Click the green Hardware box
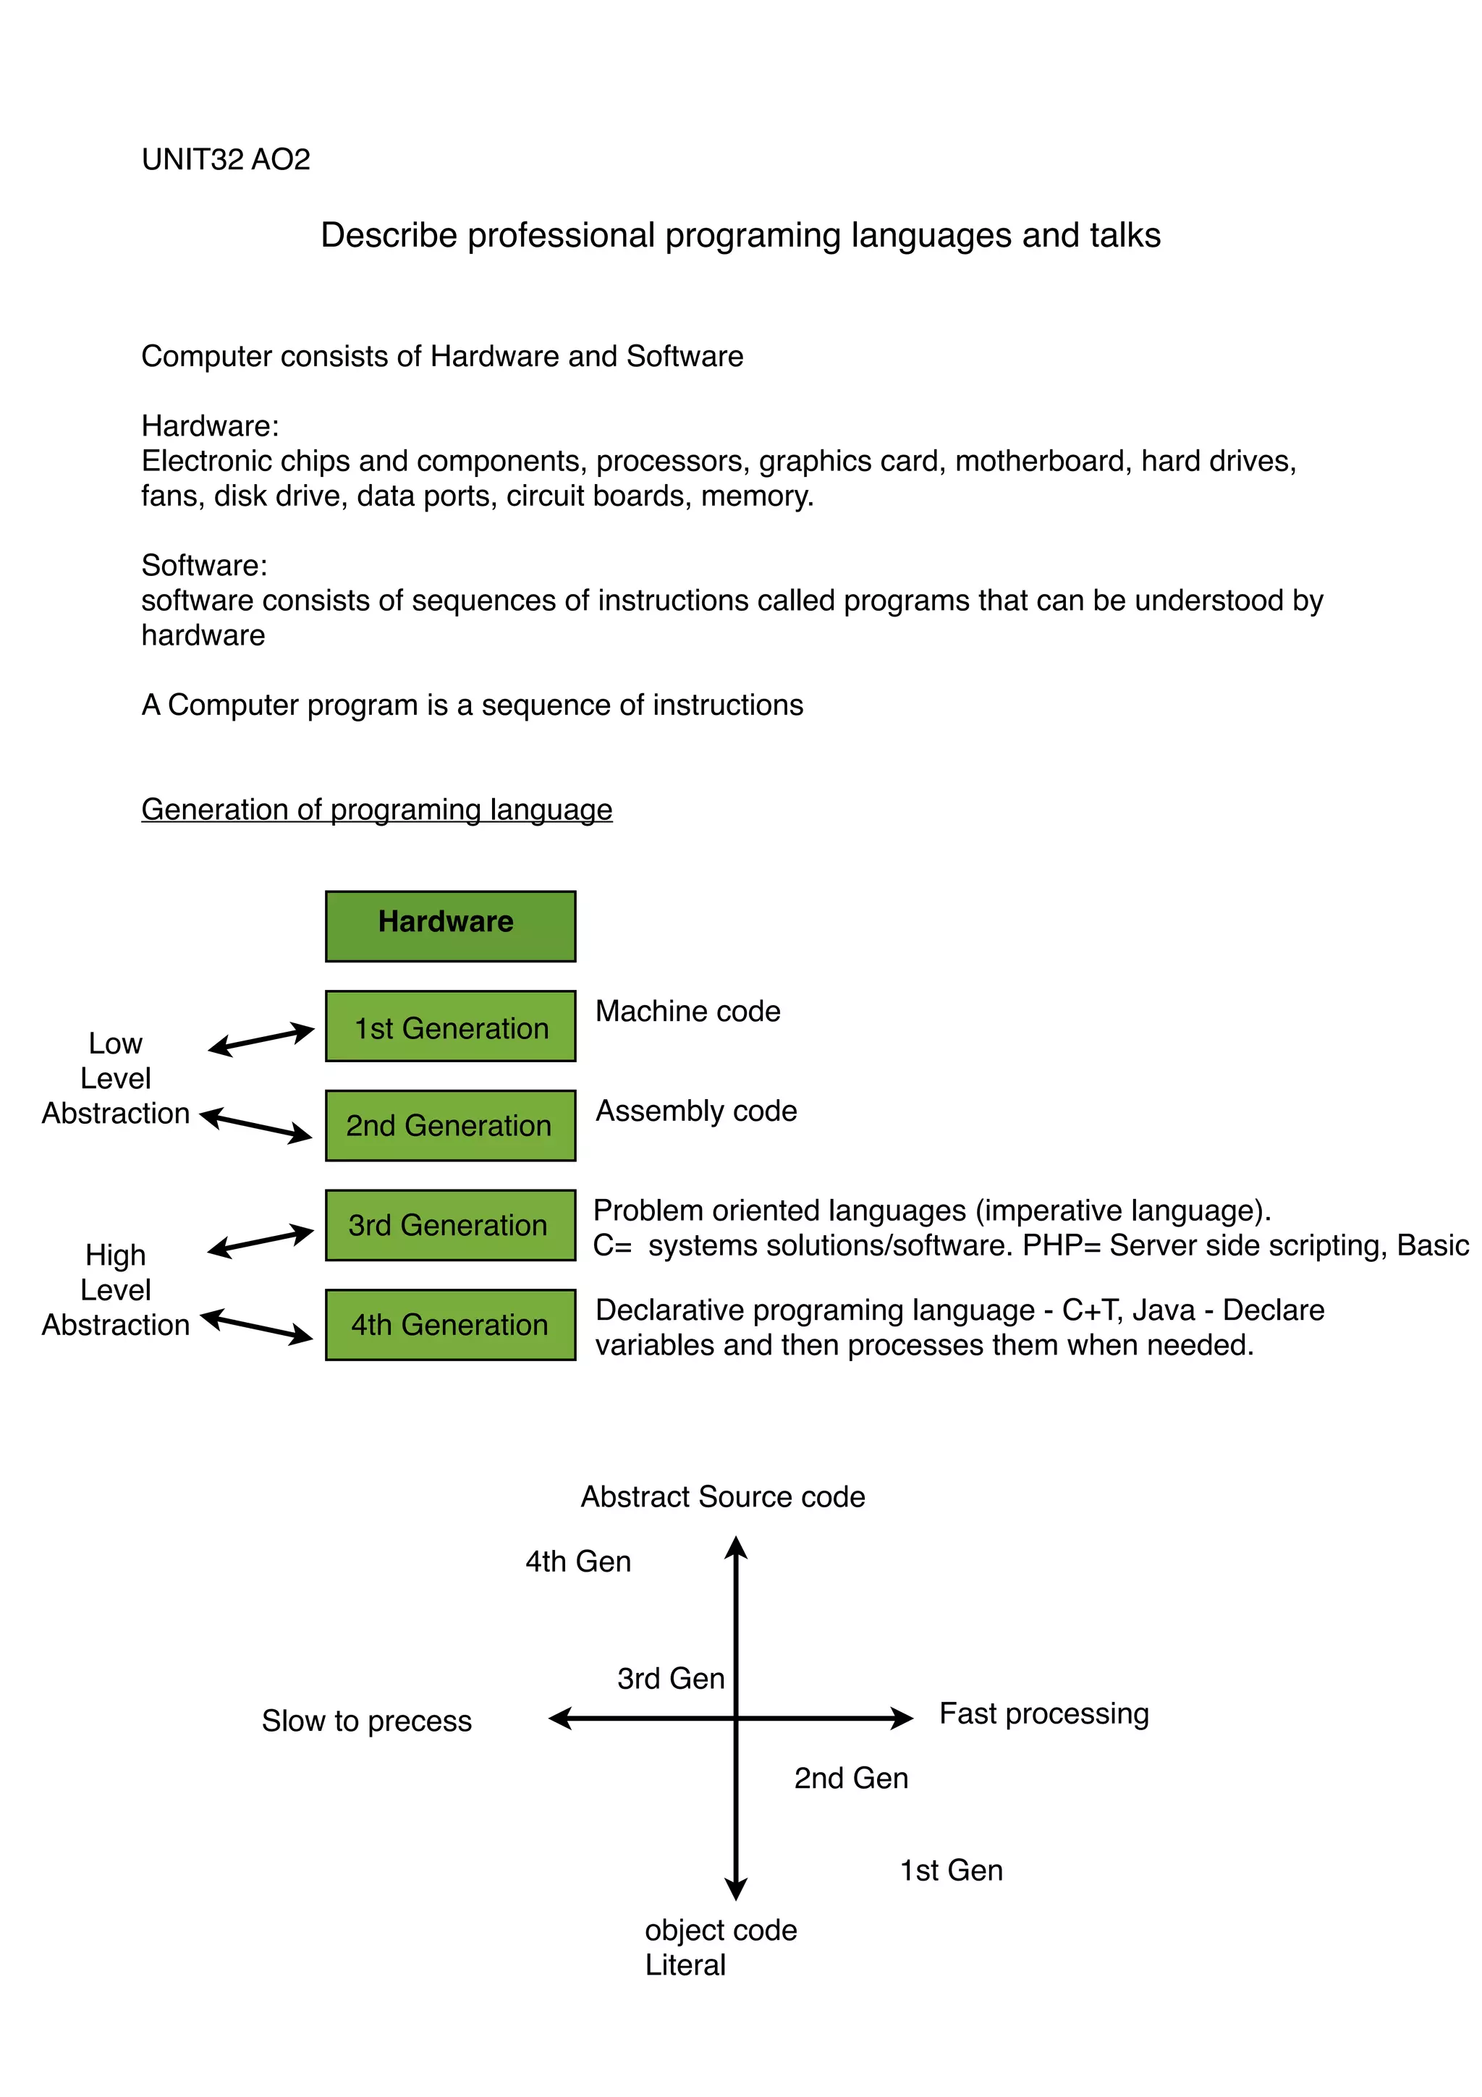click(450, 925)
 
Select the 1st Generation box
click(450, 1027)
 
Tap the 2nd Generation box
click(450, 1125)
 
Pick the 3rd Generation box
click(450, 1225)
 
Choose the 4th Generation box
click(450, 1324)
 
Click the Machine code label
click(687, 1011)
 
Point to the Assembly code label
click(696, 1111)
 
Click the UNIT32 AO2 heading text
click(226, 160)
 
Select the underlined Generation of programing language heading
click(376, 809)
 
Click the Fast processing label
click(1043, 1713)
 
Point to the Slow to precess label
click(366, 1721)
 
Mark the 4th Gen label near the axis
click(578, 1562)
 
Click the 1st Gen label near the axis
click(952, 1871)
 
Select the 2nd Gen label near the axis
click(851, 1778)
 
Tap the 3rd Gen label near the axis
click(670, 1679)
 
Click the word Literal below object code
click(685, 1965)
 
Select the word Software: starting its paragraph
click(203, 565)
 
